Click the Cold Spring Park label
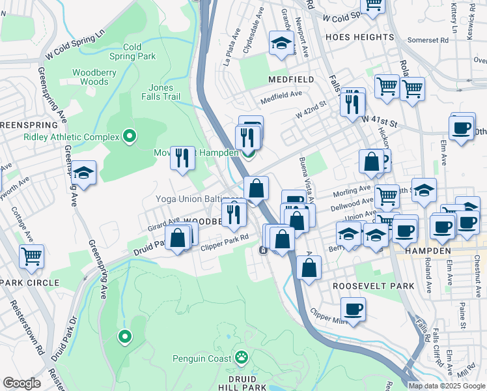[139, 51]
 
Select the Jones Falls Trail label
[160, 92]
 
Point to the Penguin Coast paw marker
[242, 356]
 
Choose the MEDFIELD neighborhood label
[290, 79]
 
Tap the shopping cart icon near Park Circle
[31, 256]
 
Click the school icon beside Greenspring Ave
[83, 173]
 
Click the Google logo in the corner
[21, 383]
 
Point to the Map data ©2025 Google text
[447, 386]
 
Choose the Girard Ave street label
[163, 224]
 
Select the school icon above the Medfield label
[281, 44]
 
